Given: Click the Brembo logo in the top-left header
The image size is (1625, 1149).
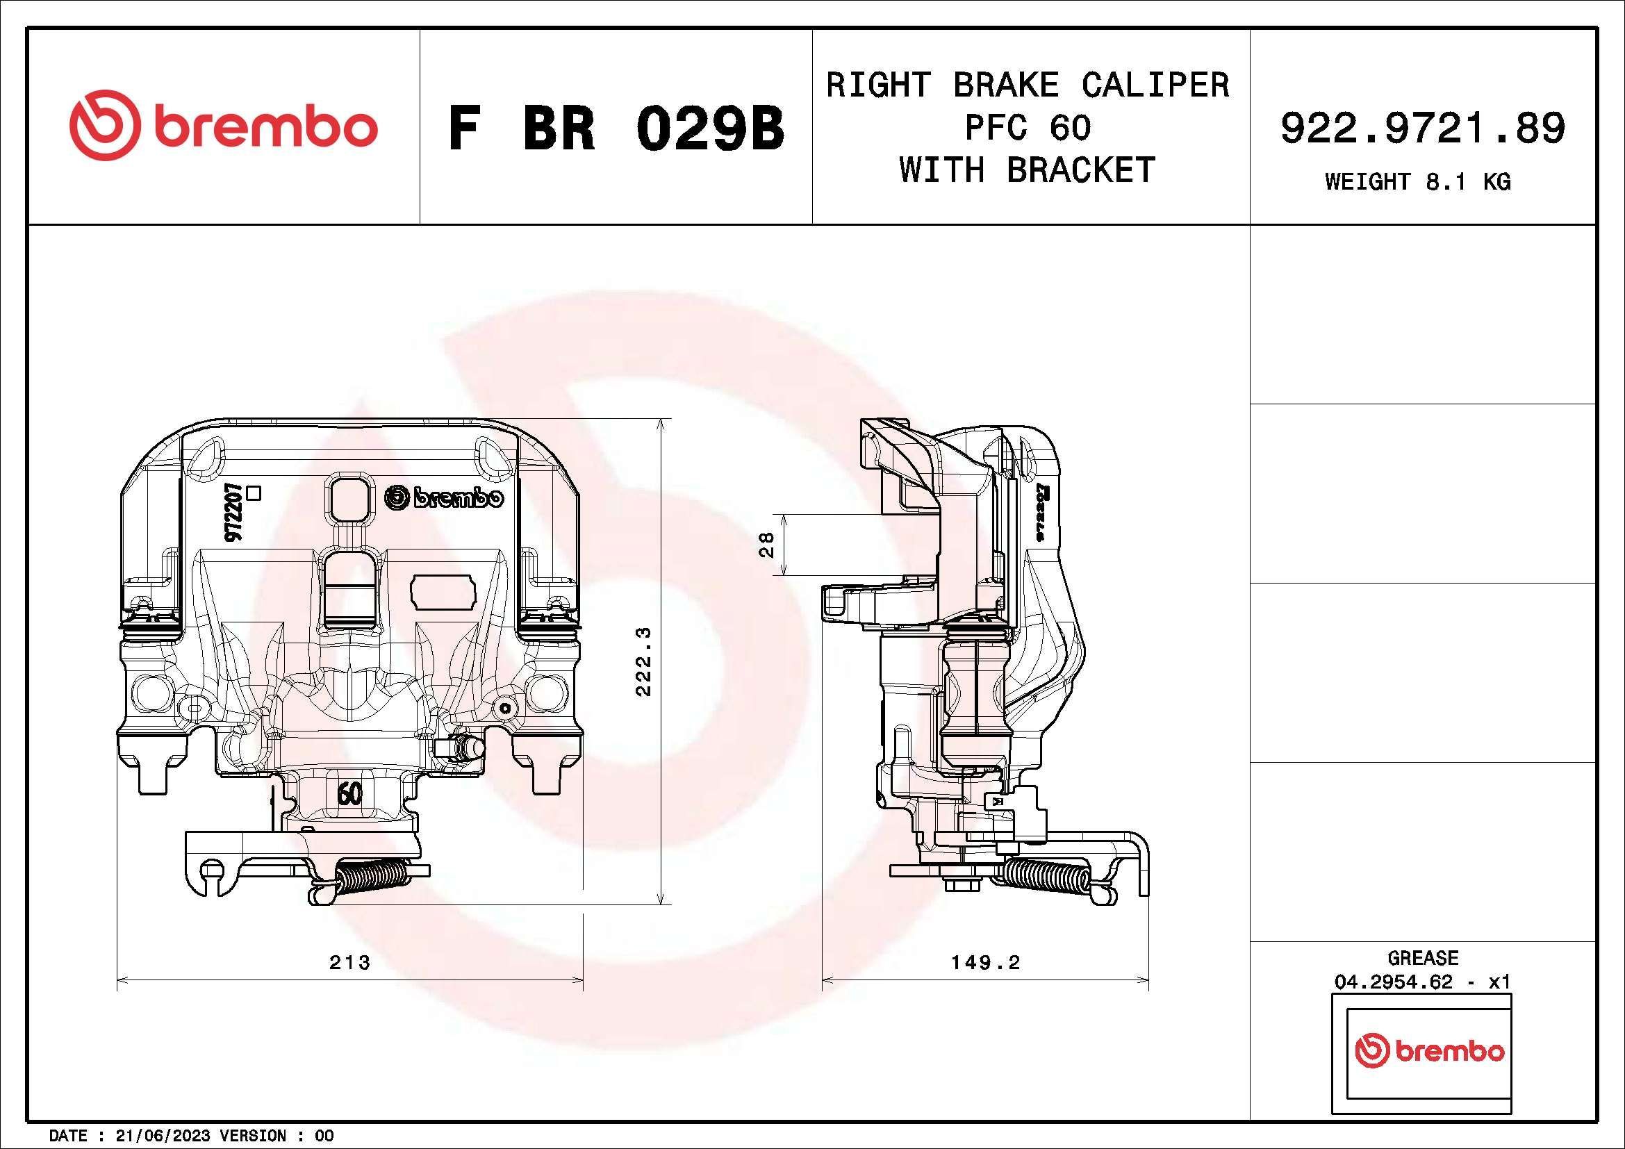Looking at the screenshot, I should [x=223, y=126].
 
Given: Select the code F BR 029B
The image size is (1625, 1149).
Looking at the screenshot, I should [x=616, y=129].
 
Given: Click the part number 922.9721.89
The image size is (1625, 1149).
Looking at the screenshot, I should [x=1423, y=128].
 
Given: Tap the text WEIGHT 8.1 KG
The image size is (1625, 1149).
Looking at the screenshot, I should [x=1418, y=182].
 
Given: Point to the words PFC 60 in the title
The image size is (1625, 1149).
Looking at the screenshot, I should [x=1028, y=127].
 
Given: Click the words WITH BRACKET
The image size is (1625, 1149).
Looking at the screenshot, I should [x=1027, y=170].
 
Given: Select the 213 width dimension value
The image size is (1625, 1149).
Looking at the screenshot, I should [x=349, y=962].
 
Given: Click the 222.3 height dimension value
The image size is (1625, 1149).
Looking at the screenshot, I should [x=643, y=661].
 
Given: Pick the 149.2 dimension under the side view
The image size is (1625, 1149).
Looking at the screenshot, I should [x=985, y=962].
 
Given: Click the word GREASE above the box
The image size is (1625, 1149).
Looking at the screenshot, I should [x=1423, y=958].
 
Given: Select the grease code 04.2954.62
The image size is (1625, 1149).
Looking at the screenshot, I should [x=1393, y=982].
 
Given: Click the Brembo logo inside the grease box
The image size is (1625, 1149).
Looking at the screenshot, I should [x=1429, y=1050].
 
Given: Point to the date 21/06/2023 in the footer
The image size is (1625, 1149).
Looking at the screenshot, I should [x=162, y=1136].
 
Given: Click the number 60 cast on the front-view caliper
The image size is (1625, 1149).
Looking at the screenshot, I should [x=349, y=793].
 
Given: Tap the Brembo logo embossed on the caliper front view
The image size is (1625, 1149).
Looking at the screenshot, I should [x=445, y=497].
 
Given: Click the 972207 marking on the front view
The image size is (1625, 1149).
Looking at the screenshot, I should [x=233, y=513].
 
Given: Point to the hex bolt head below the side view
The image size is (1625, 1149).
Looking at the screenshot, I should [x=962, y=884].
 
